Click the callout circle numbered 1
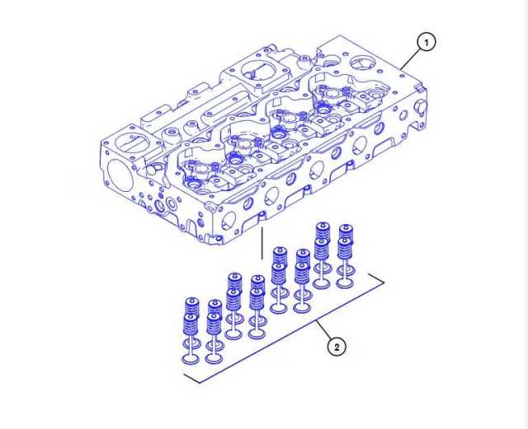coord(426,41)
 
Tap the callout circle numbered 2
coord(336,347)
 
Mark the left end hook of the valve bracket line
coord(186,378)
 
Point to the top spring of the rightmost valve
coord(345,232)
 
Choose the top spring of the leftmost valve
coord(191,306)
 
